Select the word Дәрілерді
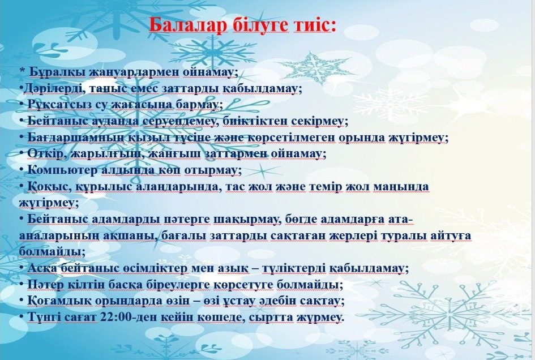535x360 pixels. (x=54, y=89)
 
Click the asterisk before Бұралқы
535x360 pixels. (x=23, y=71)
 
